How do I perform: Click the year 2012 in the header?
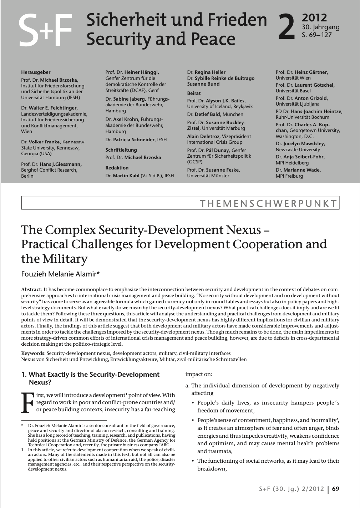(x=314, y=18)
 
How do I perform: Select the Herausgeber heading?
(x=36, y=72)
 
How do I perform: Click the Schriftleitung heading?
(x=121, y=150)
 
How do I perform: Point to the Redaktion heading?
(x=117, y=168)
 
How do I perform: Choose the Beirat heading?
(x=194, y=93)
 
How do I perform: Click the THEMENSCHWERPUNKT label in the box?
(x=268, y=204)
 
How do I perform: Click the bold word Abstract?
(x=32, y=289)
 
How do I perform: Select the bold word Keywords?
(x=33, y=353)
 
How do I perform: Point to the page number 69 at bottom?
(x=336, y=489)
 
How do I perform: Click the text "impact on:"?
(x=199, y=374)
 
